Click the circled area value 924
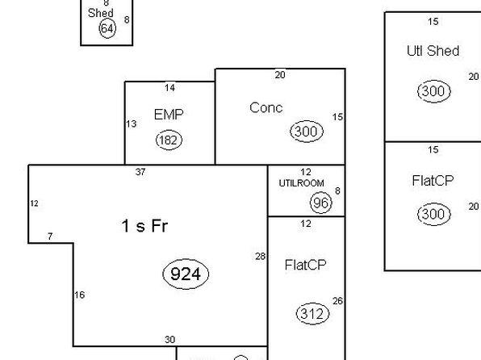(x=186, y=274)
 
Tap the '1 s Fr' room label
(x=144, y=226)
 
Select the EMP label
(x=169, y=115)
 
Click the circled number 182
(x=169, y=140)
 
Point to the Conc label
(x=266, y=107)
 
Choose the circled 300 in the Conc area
(x=307, y=132)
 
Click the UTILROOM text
(x=301, y=183)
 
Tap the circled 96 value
(x=321, y=203)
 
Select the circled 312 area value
(x=312, y=314)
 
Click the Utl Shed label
(x=433, y=51)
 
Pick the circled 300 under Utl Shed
(x=433, y=91)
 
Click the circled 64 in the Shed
(x=107, y=28)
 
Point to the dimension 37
(x=140, y=172)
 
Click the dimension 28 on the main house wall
(x=260, y=256)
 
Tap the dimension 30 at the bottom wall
(x=170, y=340)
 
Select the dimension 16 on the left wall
(x=80, y=295)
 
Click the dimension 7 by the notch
(x=50, y=237)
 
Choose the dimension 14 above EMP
(x=169, y=88)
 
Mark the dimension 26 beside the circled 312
(x=337, y=301)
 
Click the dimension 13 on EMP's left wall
(x=132, y=124)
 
